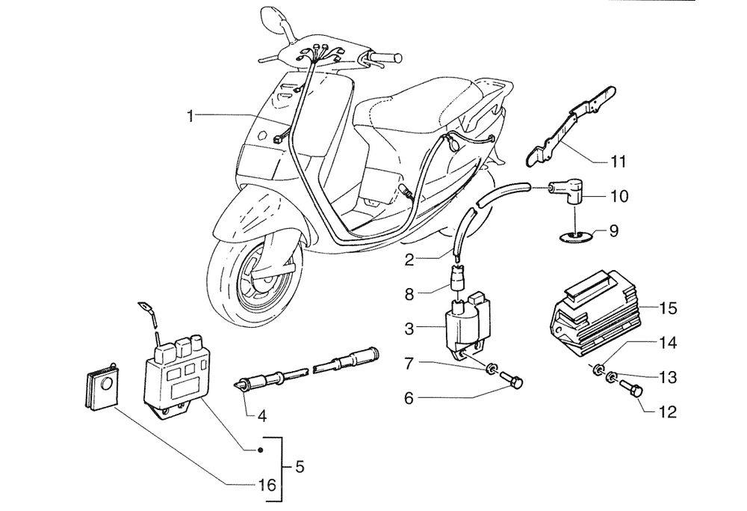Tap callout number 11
(x=618, y=161)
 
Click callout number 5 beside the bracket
(x=300, y=467)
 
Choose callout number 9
(x=613, y=231)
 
